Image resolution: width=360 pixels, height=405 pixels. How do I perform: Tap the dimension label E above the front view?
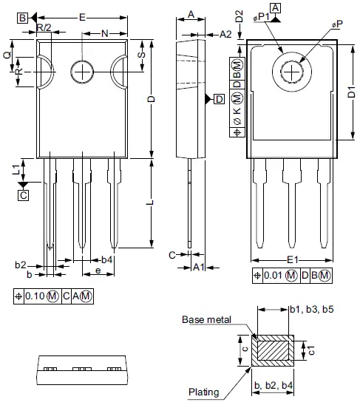(81, 16)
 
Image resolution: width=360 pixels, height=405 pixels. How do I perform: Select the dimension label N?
(104, 33)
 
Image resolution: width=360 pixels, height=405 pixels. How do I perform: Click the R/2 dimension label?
(44, 27)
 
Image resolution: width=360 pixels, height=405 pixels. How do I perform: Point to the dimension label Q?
(7, 55)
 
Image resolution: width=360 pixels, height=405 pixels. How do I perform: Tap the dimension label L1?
(16, 169)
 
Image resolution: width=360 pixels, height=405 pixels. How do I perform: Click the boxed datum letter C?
(23, 195)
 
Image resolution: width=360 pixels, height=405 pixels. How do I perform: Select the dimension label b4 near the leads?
(106, 260)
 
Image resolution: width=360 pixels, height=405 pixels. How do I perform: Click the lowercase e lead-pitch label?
(98, 272)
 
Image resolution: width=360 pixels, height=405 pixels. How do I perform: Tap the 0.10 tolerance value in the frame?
(35, 296)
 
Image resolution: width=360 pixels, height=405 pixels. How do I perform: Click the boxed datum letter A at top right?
(276, 8)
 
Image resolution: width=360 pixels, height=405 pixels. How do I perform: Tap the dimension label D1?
(350, 94)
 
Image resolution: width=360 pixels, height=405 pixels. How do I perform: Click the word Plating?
(203, 392)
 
